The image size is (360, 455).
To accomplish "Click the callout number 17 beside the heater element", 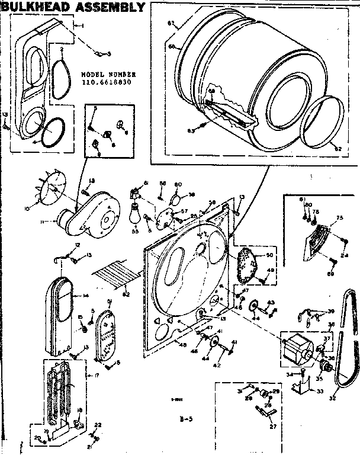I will point(89,375).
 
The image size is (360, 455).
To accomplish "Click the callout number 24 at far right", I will point(345,255).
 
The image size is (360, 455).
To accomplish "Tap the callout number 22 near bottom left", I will point(98,425).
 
